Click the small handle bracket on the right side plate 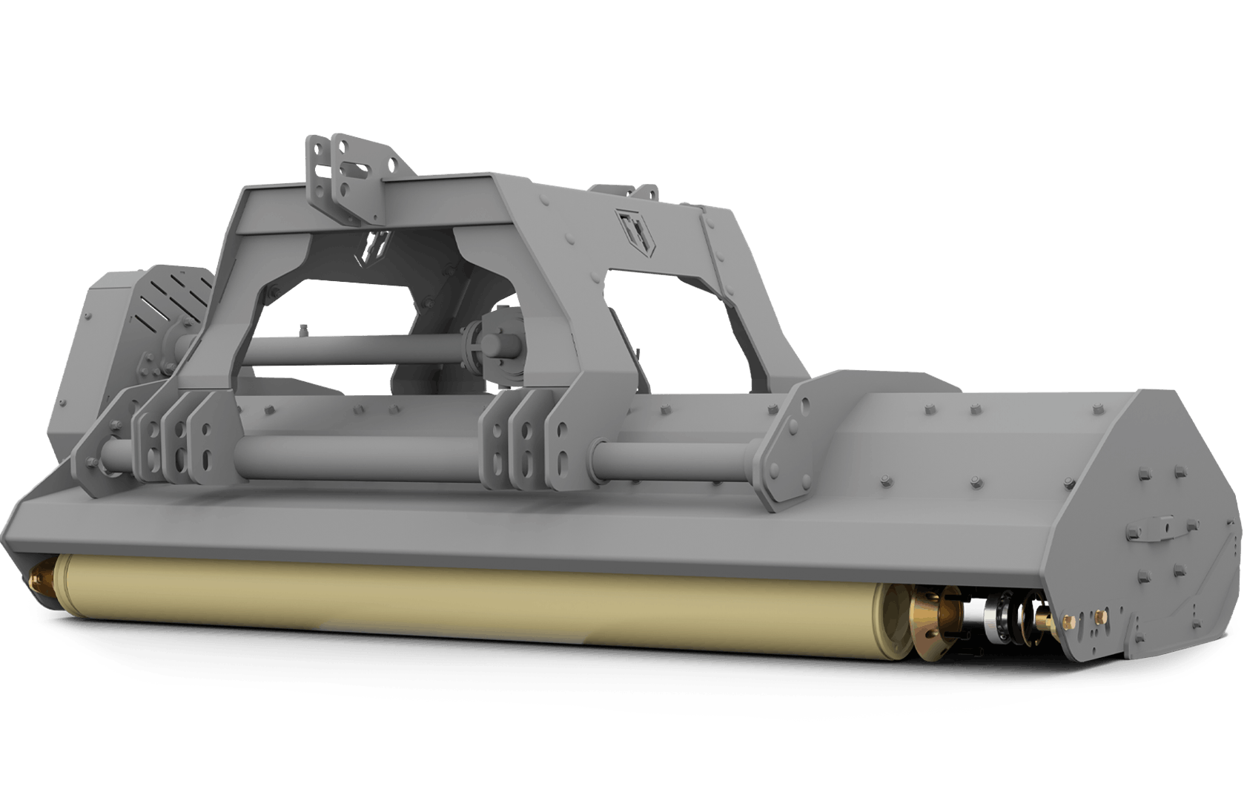(1157, 528)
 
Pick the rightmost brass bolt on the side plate (1100, 616)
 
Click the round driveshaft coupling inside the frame (494, 345)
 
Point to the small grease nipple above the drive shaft (302, 331)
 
